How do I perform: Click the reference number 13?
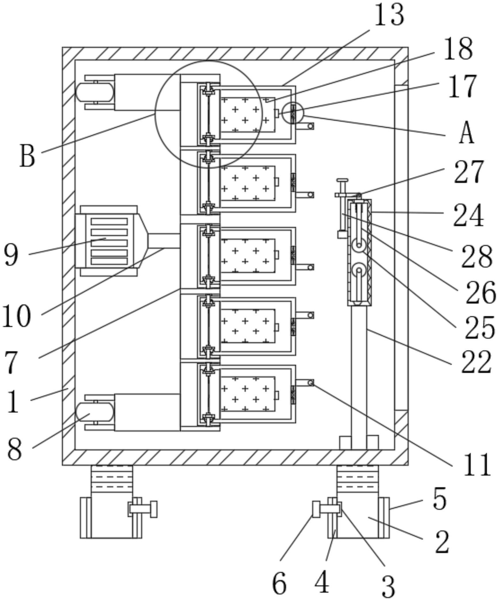pos(389,15)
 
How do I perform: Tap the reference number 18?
pos(458,49)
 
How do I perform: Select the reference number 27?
pos(468,172)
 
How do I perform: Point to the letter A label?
pos(466,133)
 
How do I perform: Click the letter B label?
pos(27,156)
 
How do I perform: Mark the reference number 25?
pos(480,328)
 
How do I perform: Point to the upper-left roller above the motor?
pos(95,92)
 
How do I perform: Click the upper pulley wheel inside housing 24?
pos(359,246)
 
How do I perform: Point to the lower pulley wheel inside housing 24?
pos(359,270)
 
